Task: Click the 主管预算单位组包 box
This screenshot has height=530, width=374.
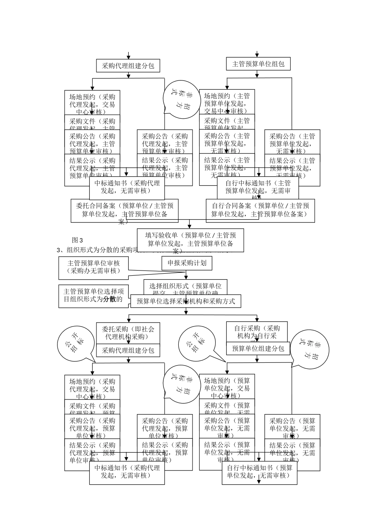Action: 258,64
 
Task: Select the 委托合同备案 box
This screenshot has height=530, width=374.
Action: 124,210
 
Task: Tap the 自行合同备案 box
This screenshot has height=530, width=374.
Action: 260,210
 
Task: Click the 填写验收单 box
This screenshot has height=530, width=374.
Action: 190,239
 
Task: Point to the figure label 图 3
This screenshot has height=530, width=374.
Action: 78,240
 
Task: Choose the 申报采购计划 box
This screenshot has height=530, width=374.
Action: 187,263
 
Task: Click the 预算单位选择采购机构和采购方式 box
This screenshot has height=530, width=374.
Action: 185,301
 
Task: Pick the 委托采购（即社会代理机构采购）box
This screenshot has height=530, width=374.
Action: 128,333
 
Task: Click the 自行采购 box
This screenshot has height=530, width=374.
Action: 257,332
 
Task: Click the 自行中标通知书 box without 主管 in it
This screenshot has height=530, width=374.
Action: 259,472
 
